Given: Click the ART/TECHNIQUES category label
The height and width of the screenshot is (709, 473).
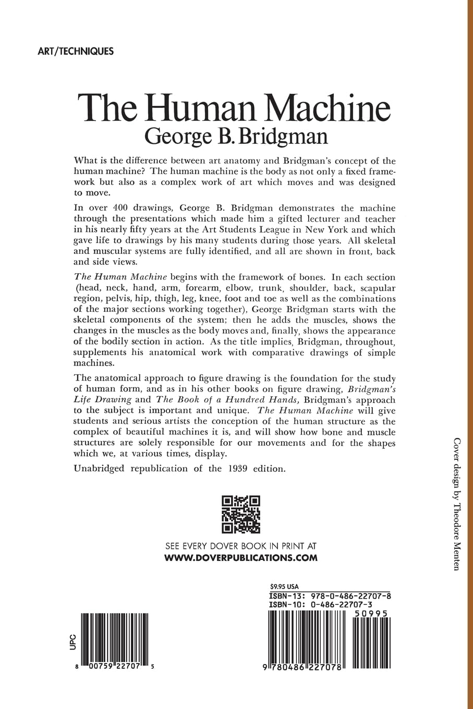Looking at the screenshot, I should [x=76, y=51].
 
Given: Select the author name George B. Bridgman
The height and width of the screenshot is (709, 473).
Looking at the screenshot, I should [x=236, y=136].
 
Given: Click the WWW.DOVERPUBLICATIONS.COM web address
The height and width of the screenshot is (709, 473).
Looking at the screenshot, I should [x=241, y=557].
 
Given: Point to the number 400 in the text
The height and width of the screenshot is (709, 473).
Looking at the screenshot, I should [x=124, y=208].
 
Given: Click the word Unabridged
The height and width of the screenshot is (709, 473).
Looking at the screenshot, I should [x=99, y=468].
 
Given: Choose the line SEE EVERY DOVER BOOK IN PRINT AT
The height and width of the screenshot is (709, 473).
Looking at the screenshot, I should [x=241, y=546].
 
